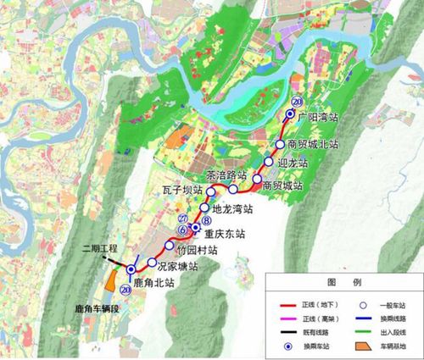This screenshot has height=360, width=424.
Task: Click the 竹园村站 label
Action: [x=197, y=250]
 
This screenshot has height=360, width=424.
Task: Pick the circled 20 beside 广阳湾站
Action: [x=295, y=103]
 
